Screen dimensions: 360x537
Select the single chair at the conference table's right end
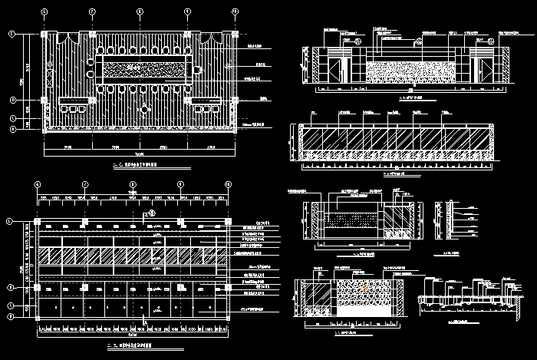click(198, 70)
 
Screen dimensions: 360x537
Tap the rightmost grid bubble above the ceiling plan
click(228, 185)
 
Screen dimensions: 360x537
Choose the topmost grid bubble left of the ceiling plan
click(10, 221)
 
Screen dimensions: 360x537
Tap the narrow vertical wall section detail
click(440, 219)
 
